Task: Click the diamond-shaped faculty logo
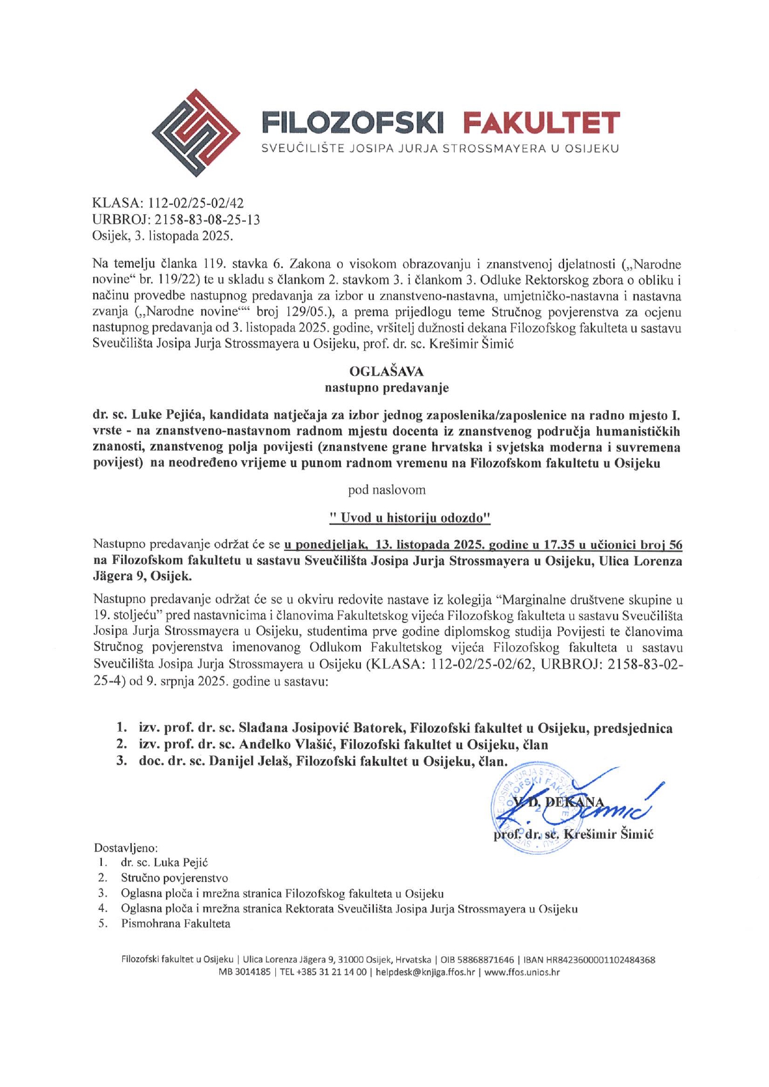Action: [196, 132]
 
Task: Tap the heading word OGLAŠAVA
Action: [386, 372]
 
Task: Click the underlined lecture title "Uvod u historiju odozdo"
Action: [410, 517]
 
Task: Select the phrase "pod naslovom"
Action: [386, 489]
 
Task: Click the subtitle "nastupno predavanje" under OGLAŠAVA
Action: [386, 388]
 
